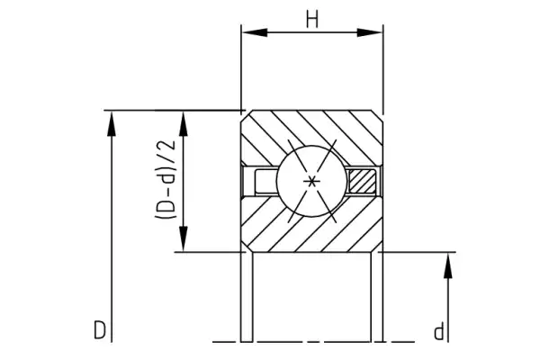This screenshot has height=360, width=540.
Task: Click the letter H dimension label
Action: coord(312,19)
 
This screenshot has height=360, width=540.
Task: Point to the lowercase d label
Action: coord(439,332)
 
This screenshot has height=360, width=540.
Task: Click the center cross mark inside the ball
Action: coord(312,182)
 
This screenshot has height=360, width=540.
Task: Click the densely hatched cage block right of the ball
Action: coord(364,181)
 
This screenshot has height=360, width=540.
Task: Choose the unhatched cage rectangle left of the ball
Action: coord(262,181)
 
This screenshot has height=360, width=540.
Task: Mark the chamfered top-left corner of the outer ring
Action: coord(245,114)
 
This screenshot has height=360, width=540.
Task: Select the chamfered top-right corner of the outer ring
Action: coord(381,114)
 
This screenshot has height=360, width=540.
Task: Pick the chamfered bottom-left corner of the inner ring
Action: coord(245,248)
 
